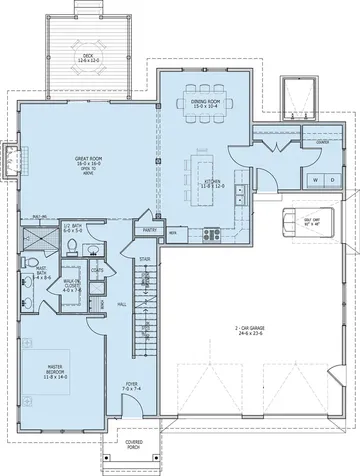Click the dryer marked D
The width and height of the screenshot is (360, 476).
(x=316, y=179)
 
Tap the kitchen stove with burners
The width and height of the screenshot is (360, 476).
(x=212, y=236)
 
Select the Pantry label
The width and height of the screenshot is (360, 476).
(x=152, y=230)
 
